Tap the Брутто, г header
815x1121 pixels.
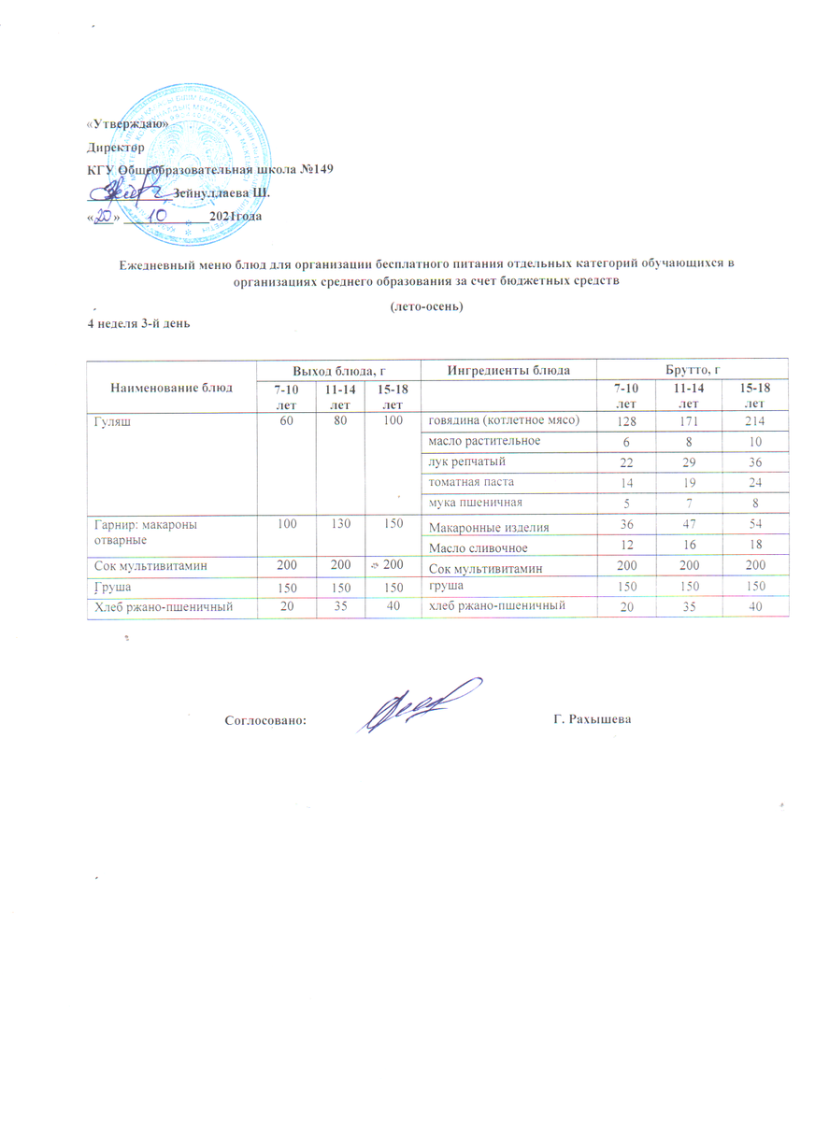coord(693,370)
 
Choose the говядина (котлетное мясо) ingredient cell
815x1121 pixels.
coord(505,421)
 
